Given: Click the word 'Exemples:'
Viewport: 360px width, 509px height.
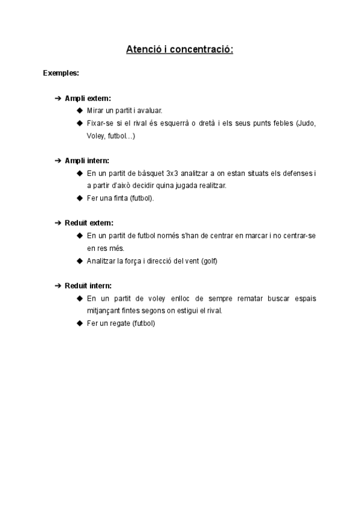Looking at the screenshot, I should tap(61, 73).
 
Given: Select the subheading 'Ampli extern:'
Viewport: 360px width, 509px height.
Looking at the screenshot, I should tap(88, 98).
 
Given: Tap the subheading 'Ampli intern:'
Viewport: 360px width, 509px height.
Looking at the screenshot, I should tap(87, 160).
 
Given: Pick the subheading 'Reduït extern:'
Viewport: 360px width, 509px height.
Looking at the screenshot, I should tap(89, 223).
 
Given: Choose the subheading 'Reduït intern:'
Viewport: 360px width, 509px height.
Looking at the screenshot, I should tap(88, 285).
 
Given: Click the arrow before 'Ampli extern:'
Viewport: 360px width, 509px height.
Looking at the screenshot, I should tap(58, 98).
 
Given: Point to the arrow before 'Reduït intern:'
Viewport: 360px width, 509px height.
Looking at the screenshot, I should tap(58, 285).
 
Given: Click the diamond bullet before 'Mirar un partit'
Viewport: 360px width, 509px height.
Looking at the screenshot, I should tap(80, 110).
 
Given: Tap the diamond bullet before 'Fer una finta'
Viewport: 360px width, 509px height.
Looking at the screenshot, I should tap(80, 198).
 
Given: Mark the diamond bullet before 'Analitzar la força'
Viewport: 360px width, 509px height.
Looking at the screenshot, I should tap(80, 261).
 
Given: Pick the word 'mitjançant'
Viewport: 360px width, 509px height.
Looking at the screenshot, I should tap(103, 310).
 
